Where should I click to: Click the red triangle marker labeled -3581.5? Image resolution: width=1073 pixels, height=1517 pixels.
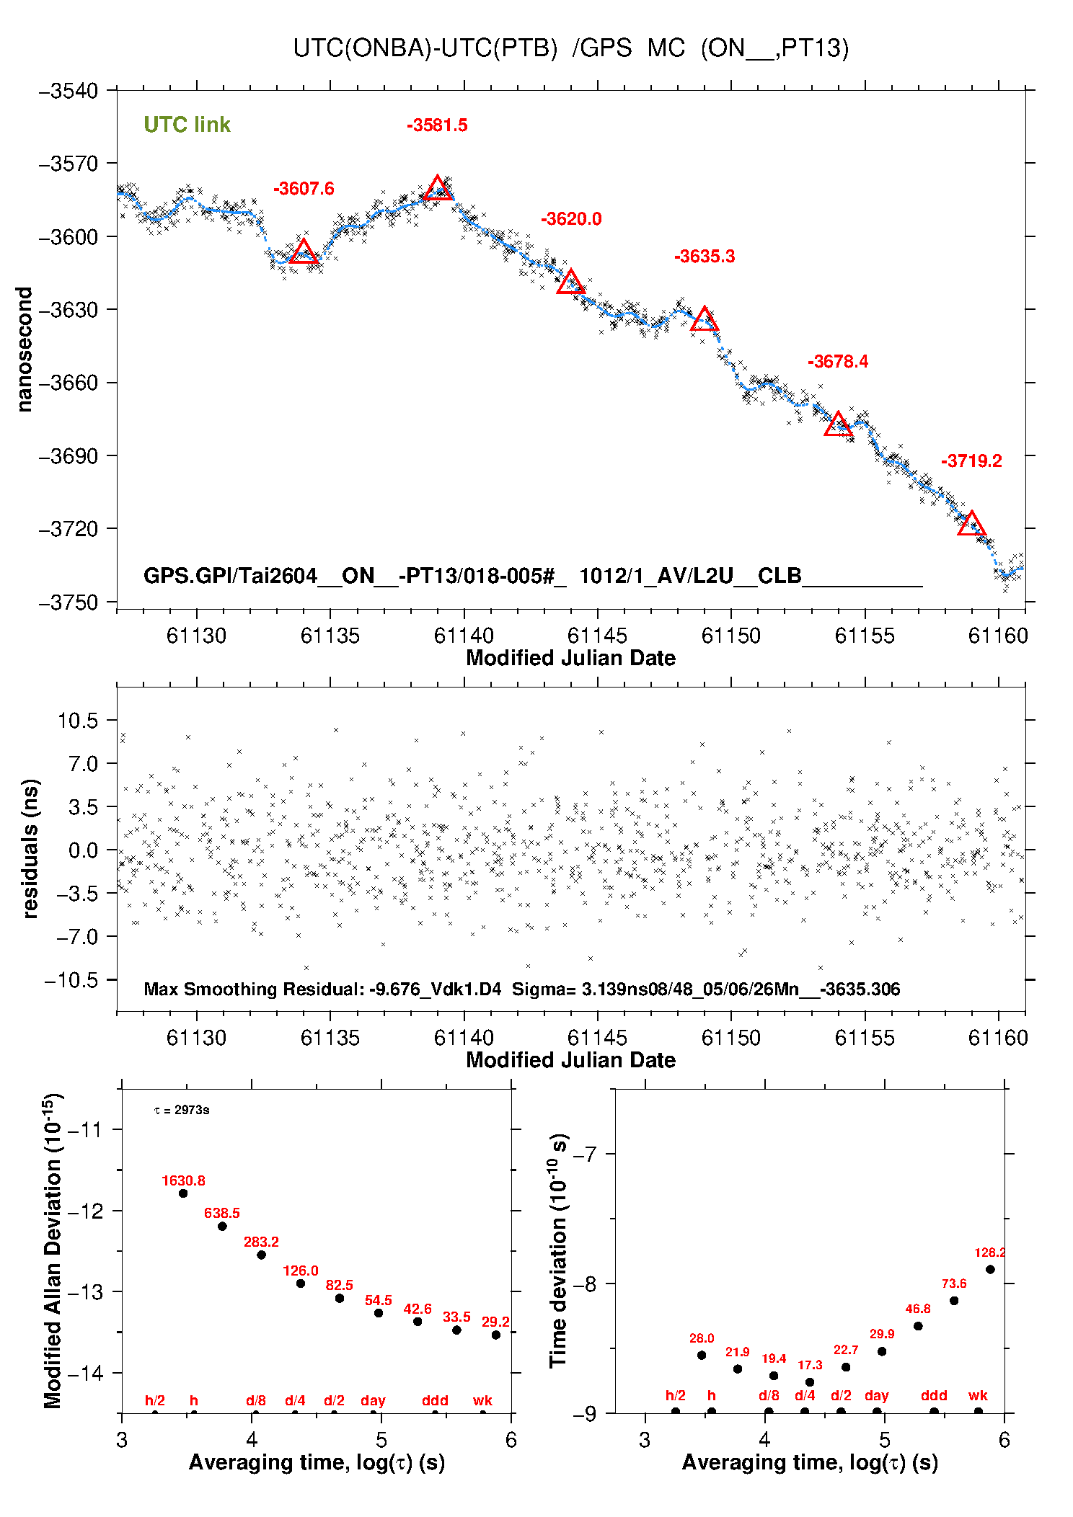[x=438, y=188]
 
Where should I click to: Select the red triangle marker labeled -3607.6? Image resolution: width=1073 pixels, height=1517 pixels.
[x=304, y=252]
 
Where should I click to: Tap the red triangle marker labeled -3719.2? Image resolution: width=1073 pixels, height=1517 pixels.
[x=971, y=524]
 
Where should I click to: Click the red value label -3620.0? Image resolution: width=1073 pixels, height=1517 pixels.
[x=571, y=219]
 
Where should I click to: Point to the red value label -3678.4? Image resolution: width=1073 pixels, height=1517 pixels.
[x=838, y=362]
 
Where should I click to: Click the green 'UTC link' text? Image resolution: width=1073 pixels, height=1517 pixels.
[x=187, y=125]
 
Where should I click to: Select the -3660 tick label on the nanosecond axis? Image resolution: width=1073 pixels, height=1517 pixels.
[x=68, y=383]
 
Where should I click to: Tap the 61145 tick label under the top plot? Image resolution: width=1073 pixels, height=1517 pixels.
[x=597, y=636]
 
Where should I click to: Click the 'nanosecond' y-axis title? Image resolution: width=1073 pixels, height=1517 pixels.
[x=25, y=350]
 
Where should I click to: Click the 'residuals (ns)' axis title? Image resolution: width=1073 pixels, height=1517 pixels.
[x=30, y=849]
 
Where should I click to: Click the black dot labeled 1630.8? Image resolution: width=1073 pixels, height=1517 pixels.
[x=183, y=1193]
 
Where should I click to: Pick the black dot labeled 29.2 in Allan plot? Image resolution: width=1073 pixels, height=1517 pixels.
[x=496, y=1335]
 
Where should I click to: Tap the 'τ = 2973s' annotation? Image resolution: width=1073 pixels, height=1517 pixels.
[x=182, y=1110]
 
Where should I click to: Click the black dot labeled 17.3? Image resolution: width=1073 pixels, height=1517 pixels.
[x=810, y=1382]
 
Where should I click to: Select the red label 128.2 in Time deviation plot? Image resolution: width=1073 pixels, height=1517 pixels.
[x=989, y=1253]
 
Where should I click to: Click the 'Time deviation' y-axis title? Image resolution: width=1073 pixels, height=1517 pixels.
[x=560, y=1250]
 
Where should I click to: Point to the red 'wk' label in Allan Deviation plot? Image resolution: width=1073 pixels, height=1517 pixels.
[x=482, y=1400]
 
